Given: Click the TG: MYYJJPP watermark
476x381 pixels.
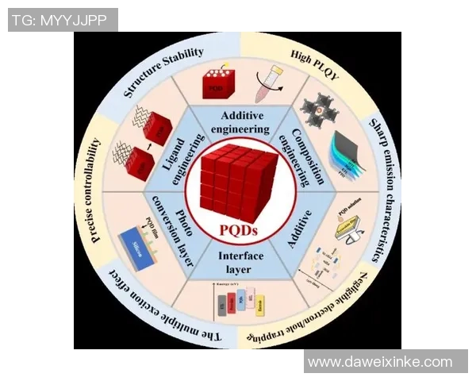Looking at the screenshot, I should click(63, 20).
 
